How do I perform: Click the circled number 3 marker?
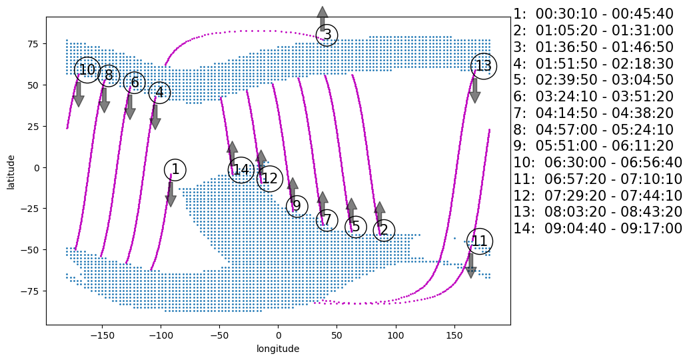[x=327, y=35]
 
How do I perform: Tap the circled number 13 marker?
[x=483, y=66]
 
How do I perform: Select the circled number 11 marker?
[x=480, y=241]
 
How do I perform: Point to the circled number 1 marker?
[x=175, y=169]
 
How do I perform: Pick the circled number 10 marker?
[x=87, y=70]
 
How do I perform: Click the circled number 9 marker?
[x=297, y=206]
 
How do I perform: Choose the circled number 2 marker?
[x=383, y=231]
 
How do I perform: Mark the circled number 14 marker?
[x=241, y=170]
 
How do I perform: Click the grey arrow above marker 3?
[x=323, y=19]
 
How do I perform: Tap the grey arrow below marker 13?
[x=474, y=91]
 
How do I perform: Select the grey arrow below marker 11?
[x=470, y=265]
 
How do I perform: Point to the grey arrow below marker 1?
[x=171, y=194]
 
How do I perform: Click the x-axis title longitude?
[x=278, y=349]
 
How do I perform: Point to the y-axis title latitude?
[x=11, y=171]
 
